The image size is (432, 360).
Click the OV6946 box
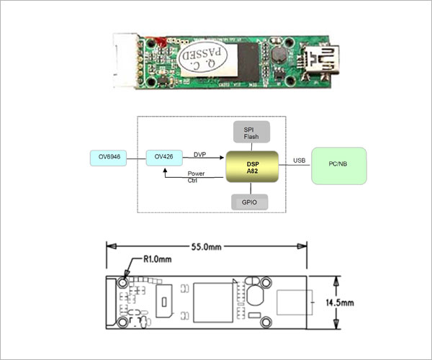108,158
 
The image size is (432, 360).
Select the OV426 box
164,158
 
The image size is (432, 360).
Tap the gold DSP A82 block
252,166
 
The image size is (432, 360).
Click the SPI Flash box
251,132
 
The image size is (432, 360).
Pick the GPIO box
249,202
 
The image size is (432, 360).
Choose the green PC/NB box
339,166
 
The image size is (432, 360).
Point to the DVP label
199,155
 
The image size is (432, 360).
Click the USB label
300,161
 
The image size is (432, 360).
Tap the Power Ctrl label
196,177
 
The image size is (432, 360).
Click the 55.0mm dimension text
207,247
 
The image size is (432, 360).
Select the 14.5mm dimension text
340,302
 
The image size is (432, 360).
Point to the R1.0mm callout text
157,259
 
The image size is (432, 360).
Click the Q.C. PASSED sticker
203,56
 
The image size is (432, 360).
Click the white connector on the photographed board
125,60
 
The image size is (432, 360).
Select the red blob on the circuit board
160,42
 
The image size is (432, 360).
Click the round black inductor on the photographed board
279,55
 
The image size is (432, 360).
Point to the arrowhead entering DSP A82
221,158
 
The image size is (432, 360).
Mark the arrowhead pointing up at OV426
165,171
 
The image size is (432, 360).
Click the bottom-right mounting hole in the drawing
266,323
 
